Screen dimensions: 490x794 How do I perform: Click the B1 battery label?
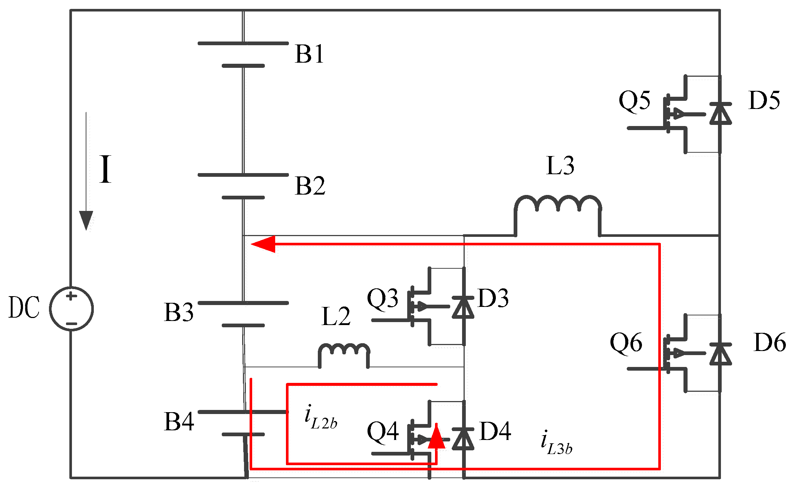coord(309,54)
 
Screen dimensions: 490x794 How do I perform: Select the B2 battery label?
coord(310,186)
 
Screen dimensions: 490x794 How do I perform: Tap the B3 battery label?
coord(179,312)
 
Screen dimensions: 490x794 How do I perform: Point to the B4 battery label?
coord(179,421)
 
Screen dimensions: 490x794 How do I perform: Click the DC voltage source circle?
coord(72,309)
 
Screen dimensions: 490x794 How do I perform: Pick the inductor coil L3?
coord(557,208)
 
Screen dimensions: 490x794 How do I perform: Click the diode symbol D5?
coord(720,113)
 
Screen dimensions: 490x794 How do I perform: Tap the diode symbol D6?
coord(720,354)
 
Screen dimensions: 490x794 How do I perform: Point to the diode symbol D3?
coord(463,307)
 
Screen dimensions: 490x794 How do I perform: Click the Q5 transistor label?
coord(634,100)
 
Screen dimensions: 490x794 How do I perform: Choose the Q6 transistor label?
coord(626,342)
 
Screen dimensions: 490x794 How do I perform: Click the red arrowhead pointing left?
coord(264,244)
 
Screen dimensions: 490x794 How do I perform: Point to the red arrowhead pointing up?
coord(436,437)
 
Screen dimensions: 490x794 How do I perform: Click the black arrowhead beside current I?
coord(86,220)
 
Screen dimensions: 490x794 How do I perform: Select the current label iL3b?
coord(556,443)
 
